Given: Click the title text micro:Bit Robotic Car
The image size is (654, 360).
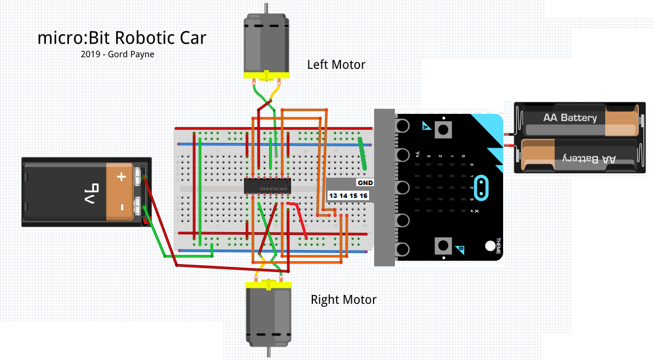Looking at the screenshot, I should pyautogui.click(x=122, y=38).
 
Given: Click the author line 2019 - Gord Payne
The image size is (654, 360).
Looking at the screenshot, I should pyautogui.click(x=117, y=54).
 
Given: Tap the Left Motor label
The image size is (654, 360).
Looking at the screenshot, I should pyautogui.click(x=336, y=64).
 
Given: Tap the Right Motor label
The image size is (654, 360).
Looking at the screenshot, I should pyautogui.click(x=343, y=299).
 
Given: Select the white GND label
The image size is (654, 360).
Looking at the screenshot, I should pyautogui.click(x=365, y=183).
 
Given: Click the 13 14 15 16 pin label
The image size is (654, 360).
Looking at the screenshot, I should pyautogui.click(x=348, y=195).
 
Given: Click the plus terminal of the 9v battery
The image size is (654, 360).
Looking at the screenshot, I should pyautogui.click(x=121, y=177).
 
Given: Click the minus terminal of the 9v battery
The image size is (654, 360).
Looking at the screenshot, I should pyautogui.click(x=121, y=206).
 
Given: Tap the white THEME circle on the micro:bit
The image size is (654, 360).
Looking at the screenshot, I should pyautogui.click(x=490, y=245).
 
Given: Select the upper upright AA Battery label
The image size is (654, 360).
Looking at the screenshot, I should pyautogui.click(x=569, y=118).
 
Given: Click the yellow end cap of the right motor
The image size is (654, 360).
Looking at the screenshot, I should pyautogui.click(x=269, y=285).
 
